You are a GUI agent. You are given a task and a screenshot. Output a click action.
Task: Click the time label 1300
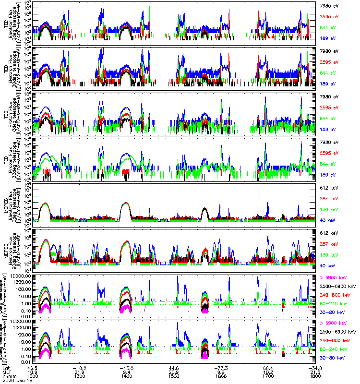point(80,377)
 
